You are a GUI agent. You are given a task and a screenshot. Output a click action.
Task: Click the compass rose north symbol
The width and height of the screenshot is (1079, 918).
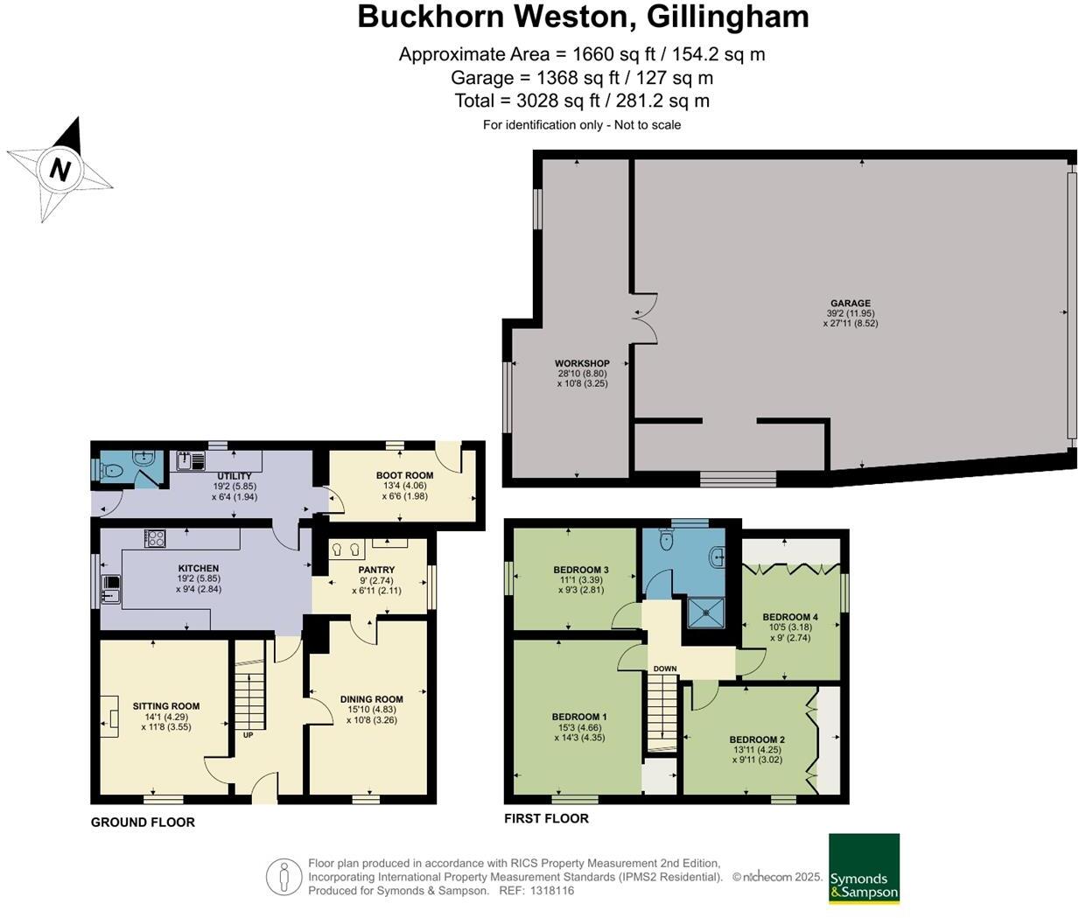[60, 168]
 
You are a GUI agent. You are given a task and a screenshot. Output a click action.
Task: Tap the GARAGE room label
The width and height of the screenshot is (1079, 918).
[850, 303]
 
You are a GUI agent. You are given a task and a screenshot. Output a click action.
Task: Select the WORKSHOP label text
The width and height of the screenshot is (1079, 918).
[582, 363]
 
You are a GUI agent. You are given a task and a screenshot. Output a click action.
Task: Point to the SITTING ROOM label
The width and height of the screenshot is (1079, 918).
[166, 706]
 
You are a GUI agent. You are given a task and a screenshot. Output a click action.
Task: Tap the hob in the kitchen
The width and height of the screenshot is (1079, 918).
[155, 539]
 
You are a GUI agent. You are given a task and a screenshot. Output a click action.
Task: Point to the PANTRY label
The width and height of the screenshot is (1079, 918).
[376, 570]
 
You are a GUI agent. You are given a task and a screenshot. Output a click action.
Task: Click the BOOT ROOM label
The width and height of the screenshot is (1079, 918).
[404, 476]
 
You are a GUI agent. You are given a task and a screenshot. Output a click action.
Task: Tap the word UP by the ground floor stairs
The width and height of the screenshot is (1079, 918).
[248, 735]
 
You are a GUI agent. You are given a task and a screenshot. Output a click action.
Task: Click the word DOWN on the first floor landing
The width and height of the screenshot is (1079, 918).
[664, 669]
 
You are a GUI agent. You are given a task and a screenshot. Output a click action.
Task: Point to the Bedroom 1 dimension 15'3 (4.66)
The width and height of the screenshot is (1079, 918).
[578, 727]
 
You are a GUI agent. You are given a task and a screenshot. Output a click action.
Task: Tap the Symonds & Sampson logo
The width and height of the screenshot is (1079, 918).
[864, 868]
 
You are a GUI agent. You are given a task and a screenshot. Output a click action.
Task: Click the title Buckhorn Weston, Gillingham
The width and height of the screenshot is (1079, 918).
[583, 17]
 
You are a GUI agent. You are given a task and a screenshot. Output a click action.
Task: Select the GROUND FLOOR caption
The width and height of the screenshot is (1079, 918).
[143, 822]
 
